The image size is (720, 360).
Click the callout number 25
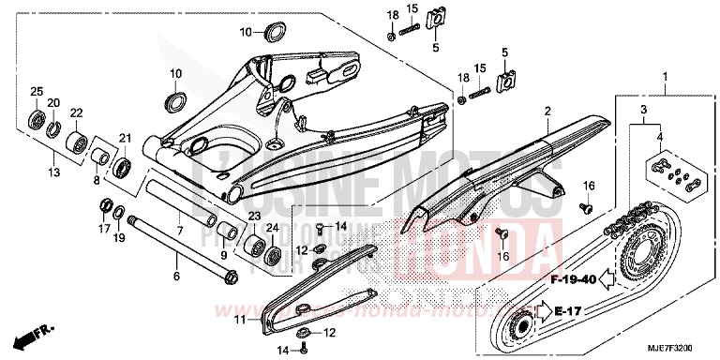(37, 90)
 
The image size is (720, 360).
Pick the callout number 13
(53, 172)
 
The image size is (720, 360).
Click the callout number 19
(120, 238)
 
